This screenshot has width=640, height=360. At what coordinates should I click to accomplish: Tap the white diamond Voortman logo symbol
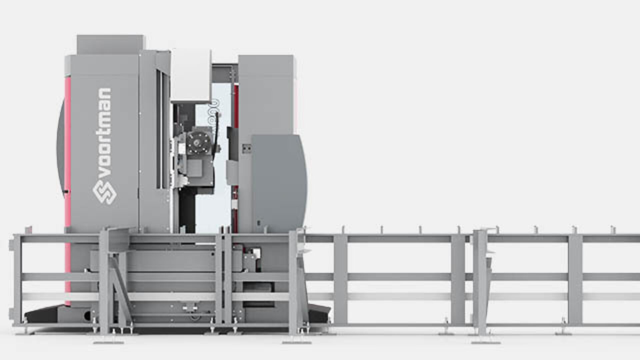pos(104,192)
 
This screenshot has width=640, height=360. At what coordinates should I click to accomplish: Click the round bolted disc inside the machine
pos(198,143)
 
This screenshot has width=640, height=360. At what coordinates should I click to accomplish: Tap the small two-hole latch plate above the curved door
pos(247,148)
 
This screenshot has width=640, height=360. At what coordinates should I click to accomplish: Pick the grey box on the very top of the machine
pos(110,45)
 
